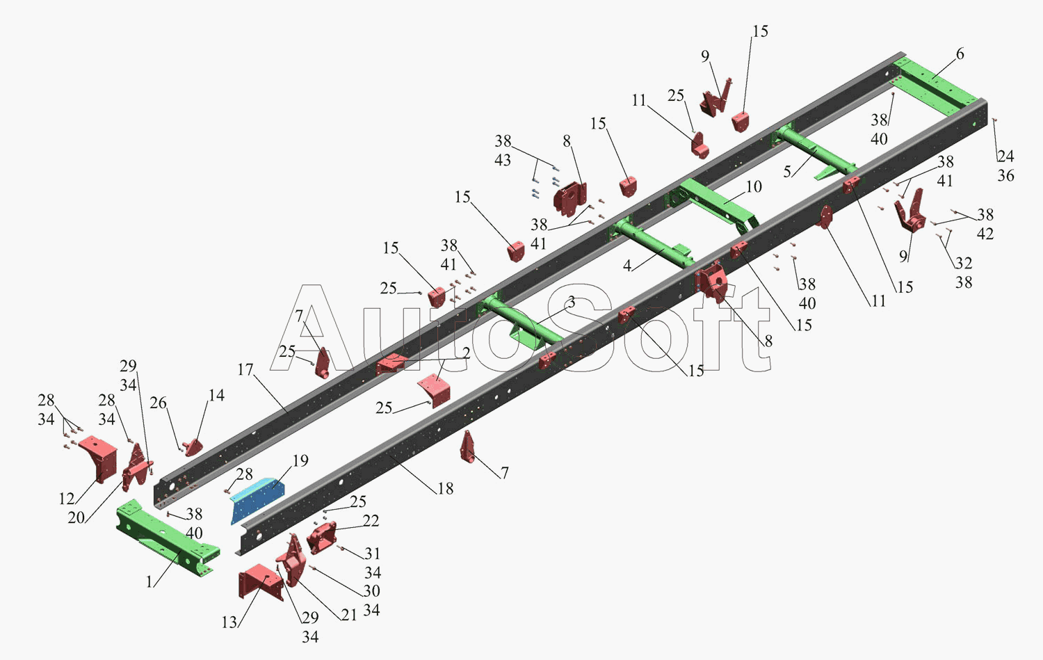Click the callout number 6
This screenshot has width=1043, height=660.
[960, 54]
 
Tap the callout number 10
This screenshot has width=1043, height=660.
[754, 187]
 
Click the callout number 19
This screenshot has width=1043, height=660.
[300, 460]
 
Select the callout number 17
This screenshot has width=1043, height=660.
[245, 369]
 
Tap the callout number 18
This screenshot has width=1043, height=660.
[445, 488]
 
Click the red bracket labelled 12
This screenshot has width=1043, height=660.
[98, 458]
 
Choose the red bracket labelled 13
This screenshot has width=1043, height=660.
[260, 581]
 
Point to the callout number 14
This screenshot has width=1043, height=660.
[216, 396]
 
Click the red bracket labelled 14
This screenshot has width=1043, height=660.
[193, 448]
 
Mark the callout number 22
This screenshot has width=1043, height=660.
[371, 520]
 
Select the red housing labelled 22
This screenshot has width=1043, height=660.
[321, 538]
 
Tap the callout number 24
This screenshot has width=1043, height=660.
[1005, 156]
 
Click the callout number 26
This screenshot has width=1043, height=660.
[158, 403]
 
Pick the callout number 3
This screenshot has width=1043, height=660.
[572, 302]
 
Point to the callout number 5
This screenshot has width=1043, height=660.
[787, 171]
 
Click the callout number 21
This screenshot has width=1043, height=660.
[349, 615]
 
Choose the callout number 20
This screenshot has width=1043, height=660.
[76, 517]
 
